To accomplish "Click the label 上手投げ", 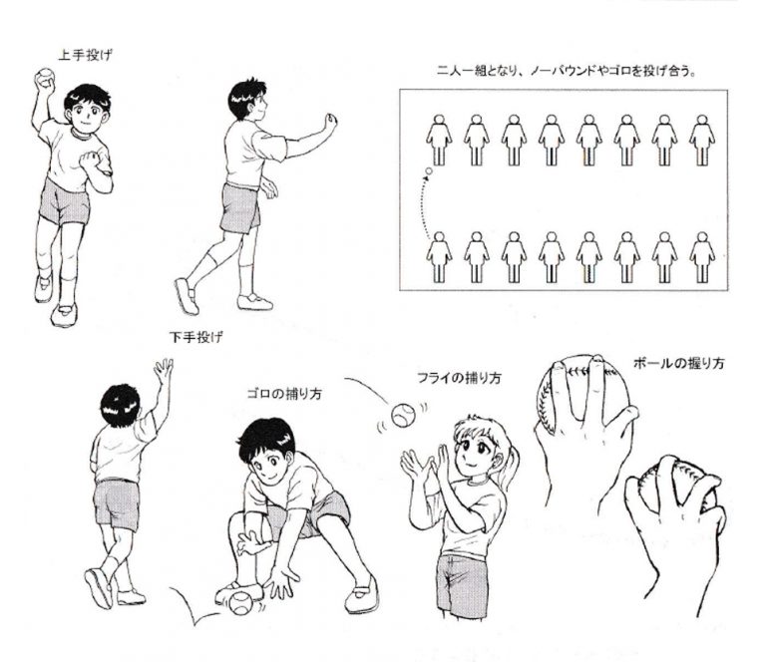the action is [x=85, y=55].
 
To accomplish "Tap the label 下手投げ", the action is [x=195, y=337].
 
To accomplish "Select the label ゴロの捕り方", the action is [x=284, y=394].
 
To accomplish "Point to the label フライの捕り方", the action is [x=459, y=378].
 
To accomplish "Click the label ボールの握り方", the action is [x=678, y=363].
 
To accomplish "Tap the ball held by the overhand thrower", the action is [x=45, y=77].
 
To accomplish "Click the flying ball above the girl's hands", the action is [x=403, y=416].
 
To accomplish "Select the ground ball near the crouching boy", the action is [x=240, y=603].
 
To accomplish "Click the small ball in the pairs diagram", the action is [x=429, y=171].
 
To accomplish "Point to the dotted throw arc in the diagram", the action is [x=420, y=205].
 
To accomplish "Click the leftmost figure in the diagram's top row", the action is [x=439, y=141].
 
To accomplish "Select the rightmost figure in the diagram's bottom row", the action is [x=702, y=257].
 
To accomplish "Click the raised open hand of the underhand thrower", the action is [x=164, y=371].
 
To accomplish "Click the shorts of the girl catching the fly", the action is [x=461, y=583].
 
